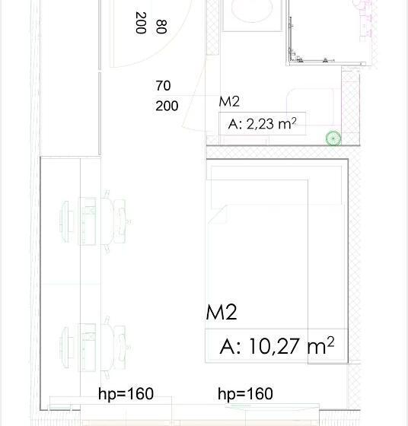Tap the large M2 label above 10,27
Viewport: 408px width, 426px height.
[x=222, y=312]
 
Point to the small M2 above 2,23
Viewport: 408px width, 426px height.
[x=230, y=101]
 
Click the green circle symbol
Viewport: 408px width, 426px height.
[x=333, y=138]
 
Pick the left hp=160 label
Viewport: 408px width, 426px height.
[x=126, y=394]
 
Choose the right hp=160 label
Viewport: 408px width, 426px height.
[x=245, y=394]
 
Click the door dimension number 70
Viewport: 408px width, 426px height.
[x=163, y=86]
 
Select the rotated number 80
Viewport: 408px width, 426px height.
[x=160, y=27]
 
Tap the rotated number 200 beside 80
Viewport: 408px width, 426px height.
[x=140, y=23]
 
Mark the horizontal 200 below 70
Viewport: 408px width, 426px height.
[x=167, y=106]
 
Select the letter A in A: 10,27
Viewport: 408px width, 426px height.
[x=226, y=347]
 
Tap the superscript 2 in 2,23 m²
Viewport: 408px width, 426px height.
[x=293, y=119]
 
